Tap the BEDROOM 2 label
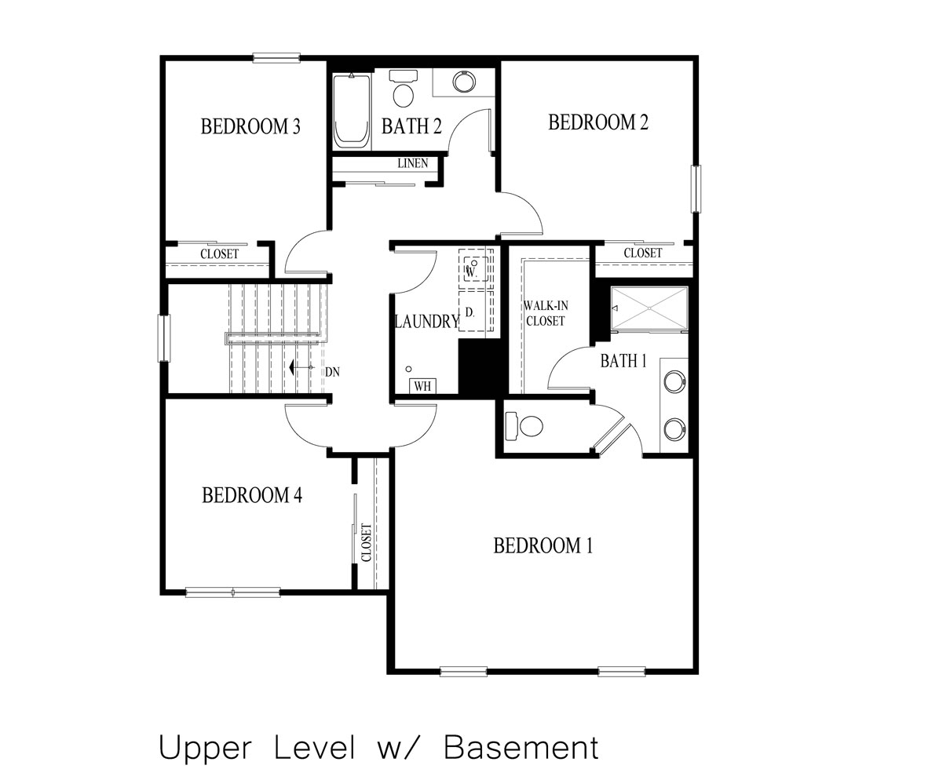pos(597,122)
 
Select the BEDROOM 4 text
pos(251,495)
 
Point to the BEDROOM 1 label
pos(543,545)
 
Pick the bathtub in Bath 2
pos(351,110)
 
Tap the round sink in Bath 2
pos(463,81)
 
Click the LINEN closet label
pos(412,163)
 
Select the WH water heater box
pos(422,385)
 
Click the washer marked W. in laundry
pos(474,268)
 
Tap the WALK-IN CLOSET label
pos(546,314)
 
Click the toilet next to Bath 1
pos(525,426)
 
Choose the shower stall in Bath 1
pos(649,308)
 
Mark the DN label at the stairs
pos(333,371)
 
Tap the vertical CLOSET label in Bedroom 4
pos(366,542)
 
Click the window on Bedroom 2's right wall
pos(695,188)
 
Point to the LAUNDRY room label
pos(426,321)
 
